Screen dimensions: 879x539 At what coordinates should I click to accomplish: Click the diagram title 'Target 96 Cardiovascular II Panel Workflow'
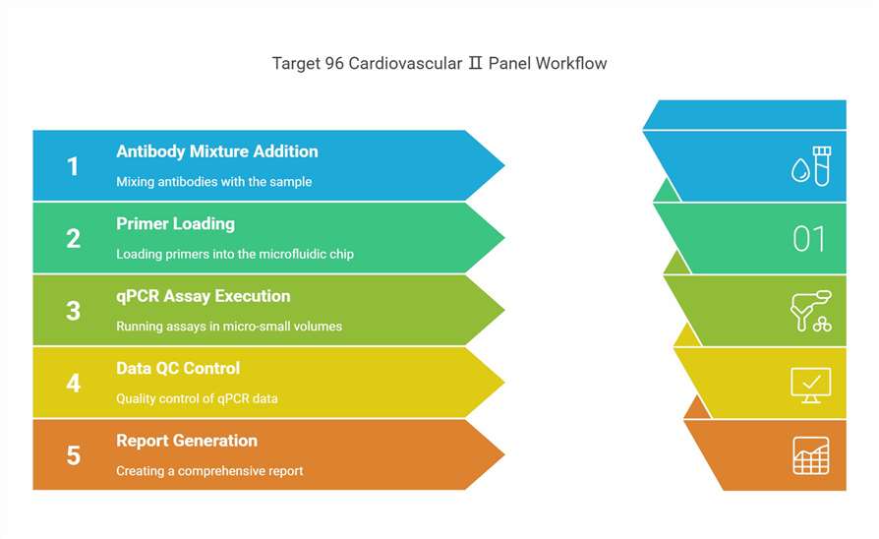point(439,63)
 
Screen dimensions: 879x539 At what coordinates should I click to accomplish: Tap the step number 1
point(73,166)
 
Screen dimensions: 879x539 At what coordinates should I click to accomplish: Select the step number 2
point(74,239)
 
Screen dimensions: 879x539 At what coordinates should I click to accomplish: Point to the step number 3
point(74,311)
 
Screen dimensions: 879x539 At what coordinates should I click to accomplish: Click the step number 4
point(74,384)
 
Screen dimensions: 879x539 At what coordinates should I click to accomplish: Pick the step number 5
point(74,456)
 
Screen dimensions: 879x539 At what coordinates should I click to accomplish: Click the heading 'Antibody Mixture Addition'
point(217,151)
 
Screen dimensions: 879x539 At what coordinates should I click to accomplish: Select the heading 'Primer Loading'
point(175,224)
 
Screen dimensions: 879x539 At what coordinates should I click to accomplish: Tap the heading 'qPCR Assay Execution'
point(203,296)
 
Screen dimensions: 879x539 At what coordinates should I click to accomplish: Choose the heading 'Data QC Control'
point(178,369)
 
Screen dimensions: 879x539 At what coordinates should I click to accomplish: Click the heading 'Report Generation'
point(187,441)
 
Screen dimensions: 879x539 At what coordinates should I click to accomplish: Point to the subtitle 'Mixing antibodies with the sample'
point(213,182)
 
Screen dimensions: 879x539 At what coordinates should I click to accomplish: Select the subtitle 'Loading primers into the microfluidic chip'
point(235,254)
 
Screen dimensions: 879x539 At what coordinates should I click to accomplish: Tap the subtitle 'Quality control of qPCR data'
point(197,398)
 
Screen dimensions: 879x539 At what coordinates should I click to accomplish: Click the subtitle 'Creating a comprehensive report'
point(209,471)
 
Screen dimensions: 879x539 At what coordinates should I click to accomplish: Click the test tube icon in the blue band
point(822,166)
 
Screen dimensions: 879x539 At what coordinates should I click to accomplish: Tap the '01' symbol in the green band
point(809,239)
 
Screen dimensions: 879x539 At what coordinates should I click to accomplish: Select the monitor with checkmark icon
point(810,386)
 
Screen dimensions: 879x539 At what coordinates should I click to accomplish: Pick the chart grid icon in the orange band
point(810,456)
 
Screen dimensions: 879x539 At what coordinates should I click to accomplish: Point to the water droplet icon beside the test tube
point(800,170)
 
